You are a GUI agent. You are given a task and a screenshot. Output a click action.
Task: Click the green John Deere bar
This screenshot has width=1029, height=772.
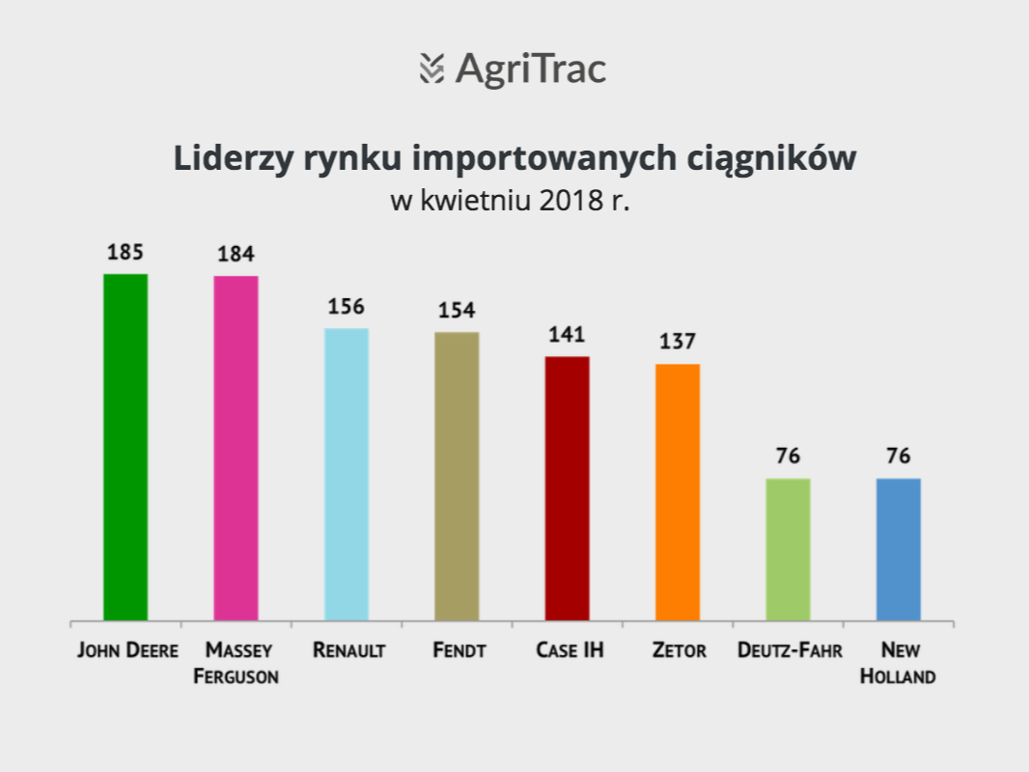click(x=126, y=448)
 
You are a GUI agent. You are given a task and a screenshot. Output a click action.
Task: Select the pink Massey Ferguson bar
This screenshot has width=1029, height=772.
click(x=236, y=449)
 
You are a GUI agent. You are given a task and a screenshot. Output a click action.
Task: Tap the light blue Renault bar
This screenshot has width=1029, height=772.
click(x=347, y=474)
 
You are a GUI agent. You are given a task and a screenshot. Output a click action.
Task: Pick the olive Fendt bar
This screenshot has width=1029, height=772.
click(x=457, y=476)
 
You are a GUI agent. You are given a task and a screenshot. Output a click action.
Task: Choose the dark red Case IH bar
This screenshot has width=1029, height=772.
click(x=567, y=488)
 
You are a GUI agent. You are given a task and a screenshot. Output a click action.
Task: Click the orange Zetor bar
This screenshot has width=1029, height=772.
click(x=678, y=492)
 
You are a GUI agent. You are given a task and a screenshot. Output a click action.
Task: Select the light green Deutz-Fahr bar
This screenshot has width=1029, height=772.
click(x=788, y=550)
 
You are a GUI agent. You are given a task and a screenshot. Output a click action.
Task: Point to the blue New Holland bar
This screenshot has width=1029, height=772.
click(x=899, y=550)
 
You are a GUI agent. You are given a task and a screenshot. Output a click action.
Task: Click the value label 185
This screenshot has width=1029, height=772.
click(x=125, y=252)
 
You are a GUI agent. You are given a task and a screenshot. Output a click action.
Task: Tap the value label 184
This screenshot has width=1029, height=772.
click(x=236, y=254)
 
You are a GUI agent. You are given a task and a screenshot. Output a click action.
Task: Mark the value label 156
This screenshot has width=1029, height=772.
click(x=346, y=306)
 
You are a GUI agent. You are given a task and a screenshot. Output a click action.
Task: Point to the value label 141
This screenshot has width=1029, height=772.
click(x=567, y=335)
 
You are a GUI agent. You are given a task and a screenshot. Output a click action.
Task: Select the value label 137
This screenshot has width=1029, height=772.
click(x=678, y=341)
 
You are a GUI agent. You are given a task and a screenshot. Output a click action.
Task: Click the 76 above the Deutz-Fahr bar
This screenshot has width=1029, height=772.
click(x=788, y=455)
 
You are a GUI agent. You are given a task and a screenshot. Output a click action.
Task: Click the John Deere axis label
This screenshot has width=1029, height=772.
click(x=128, y=650)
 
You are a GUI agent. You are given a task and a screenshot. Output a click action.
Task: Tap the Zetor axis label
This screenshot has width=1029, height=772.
click(x=680, y=650)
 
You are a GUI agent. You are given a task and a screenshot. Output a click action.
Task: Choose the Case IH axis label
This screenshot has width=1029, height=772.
click(x=570, y=650)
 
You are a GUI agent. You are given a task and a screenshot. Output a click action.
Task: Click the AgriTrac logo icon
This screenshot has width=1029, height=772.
click(x=431, y=69)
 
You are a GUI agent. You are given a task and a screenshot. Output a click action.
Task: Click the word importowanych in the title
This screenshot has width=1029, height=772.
click(x=544, y=158)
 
